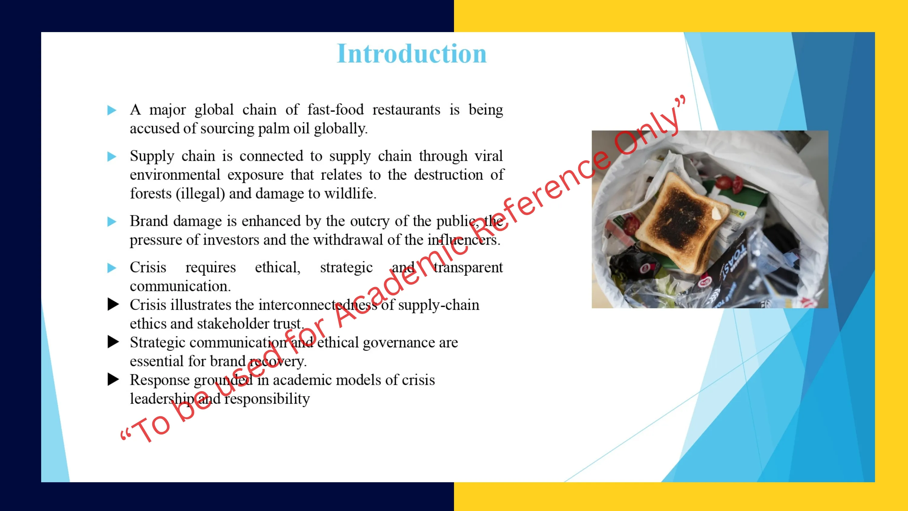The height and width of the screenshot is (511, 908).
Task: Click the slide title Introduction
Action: [412, 54]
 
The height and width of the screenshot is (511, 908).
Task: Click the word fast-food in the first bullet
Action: [335, 110]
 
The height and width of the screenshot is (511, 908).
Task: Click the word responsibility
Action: [267, 399]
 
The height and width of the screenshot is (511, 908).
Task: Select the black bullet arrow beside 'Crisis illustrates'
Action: [113, 304]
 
